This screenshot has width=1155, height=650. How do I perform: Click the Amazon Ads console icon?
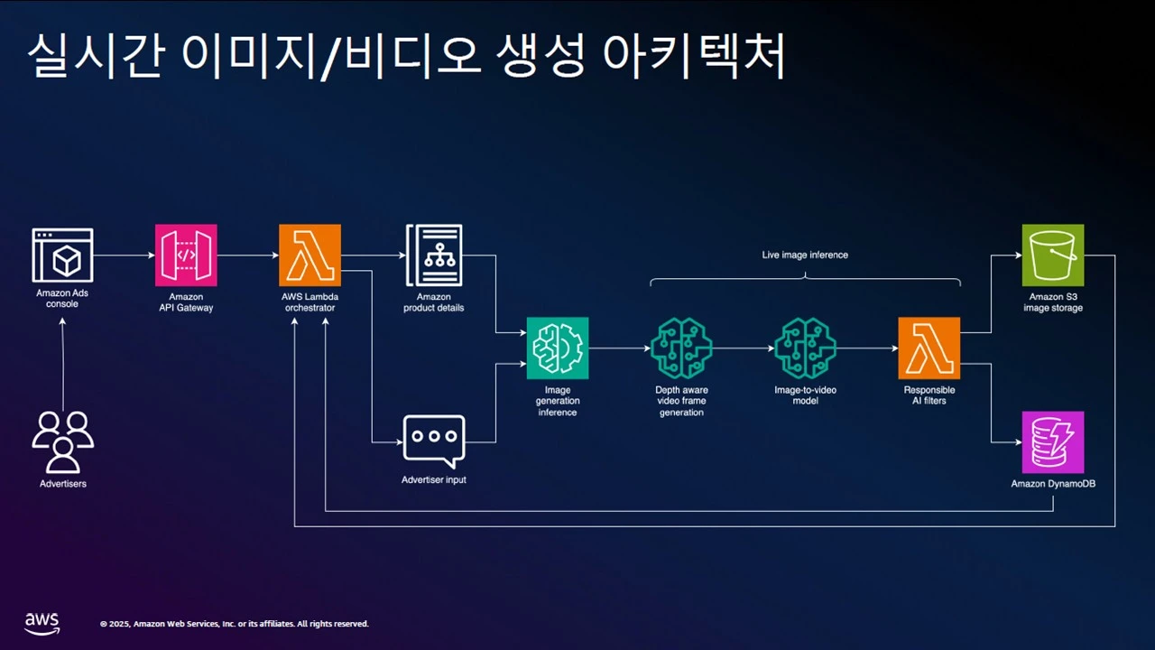[x=62, y=255]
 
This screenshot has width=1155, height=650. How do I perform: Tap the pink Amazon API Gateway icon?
[x=186, y=255]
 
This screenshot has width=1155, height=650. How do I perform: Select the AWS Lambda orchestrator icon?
[x=310, y=255]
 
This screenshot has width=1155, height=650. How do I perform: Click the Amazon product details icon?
[x=433, y=255]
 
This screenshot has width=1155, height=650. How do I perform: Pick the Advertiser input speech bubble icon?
[x=433, y=441]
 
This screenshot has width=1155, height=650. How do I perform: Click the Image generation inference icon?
[x=558, y=348]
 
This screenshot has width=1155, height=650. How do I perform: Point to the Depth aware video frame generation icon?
[x=681, y=348]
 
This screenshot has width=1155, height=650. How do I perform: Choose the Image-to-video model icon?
[x=805, y=348]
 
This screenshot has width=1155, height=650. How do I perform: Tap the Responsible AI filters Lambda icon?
[x=929, y=348]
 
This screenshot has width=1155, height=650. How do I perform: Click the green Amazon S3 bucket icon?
[x=1052, y=255]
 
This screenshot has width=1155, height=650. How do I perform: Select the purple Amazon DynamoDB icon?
[x=1052, y=442]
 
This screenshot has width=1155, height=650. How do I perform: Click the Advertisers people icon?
[x=62, y=441]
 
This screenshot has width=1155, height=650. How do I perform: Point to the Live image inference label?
[x=805, y=255]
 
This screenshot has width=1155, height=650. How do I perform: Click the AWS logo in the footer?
[x=42, y=621]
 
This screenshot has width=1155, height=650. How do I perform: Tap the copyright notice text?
[x=234, y=624]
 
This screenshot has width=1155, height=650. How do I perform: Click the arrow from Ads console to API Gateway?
[x=124, y=255]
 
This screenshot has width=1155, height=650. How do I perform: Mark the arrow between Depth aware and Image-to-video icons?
[x=743, y=348]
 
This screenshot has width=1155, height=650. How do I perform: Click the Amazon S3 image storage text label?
[x=1052, y=302]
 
